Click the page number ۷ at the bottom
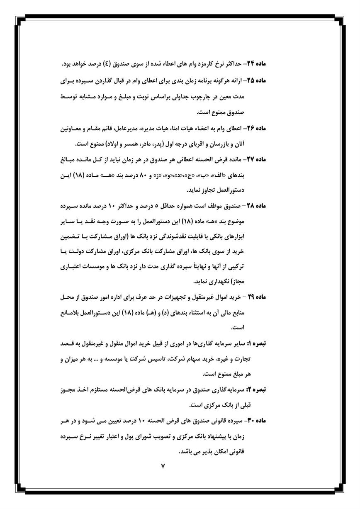[163, 467]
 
